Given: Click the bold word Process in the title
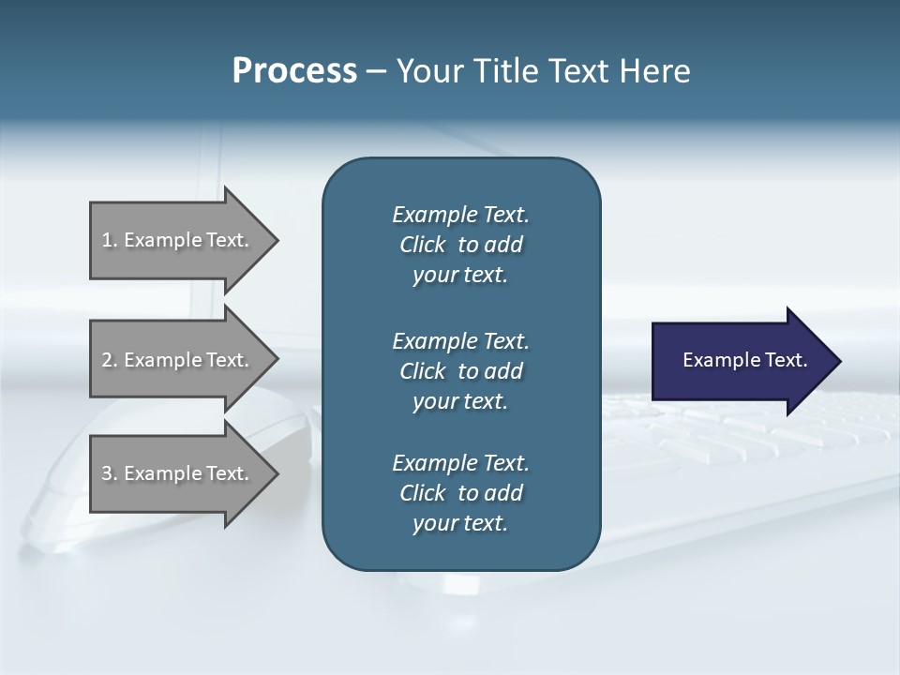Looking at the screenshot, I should click(x=294, y=71).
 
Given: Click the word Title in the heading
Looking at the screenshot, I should click(x=505, y=71).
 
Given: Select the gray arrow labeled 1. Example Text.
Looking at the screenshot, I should click(x=178, y=240).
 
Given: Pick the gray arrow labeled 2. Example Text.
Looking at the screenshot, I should click(x=178, y=360).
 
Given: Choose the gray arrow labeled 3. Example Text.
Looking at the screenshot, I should click(x=178, y=473).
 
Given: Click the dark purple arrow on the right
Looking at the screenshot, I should click(x=741, y=361).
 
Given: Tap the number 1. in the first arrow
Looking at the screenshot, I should click(x=110, y=240).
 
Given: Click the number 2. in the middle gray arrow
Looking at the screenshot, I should click(x=110, y=360).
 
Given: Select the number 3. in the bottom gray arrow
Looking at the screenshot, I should click(x=110, y=473).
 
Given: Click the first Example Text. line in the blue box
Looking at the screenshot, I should click(x=460, y=215).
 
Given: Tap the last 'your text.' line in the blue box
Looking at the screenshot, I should click(x=460, y=523).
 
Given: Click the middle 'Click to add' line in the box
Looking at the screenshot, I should click(x=460, y=371).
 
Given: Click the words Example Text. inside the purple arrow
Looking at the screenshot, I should click(x=744, y=360).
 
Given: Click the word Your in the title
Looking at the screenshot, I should click(x=429, y=71).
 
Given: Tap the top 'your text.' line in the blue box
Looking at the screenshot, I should click(x=460, y=276).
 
